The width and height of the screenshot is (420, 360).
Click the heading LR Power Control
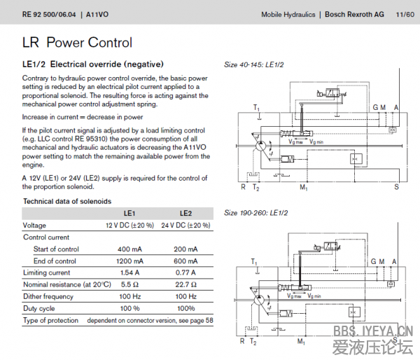pyautogui.click(x=77, y=43)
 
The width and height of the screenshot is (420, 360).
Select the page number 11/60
pyautogui.click(x=404, y=14)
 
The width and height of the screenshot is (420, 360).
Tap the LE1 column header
pyautogui.click(x=129, y=214)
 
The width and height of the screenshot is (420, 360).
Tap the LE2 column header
pyautogui.click(x=185, y=214)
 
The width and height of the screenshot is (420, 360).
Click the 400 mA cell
pyautogui.click(x=129, y=249)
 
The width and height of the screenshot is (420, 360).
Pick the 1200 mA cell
pyautogui.click(x=129, y=261)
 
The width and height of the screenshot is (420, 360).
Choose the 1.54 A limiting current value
pyautogui.click(x=129, y=272)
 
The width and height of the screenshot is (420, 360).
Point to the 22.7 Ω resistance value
pyautogui.click(x=185, y=284)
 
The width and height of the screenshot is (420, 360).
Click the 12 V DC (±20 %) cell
pyautogui.click(x=129, y=226)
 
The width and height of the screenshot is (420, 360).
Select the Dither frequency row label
pyautogui.click(x=48, y=296)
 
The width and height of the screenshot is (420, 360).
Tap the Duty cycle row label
pyautogui.click(x=39, y=308)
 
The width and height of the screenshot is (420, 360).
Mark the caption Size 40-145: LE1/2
pyautogui.click(x=253, y=64)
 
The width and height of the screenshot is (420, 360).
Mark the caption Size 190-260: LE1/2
pyautogui.click(x=255, y=212)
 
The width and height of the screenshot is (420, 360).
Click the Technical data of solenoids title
pyautogui.click(x=67, y=201)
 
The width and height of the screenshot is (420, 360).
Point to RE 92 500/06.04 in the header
pyautogui.click(x=48, y=14)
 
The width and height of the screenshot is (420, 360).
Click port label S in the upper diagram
pyautogui.click(x=396, y=187)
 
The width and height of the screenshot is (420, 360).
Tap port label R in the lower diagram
pyautogui.click(x=243, y=342)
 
